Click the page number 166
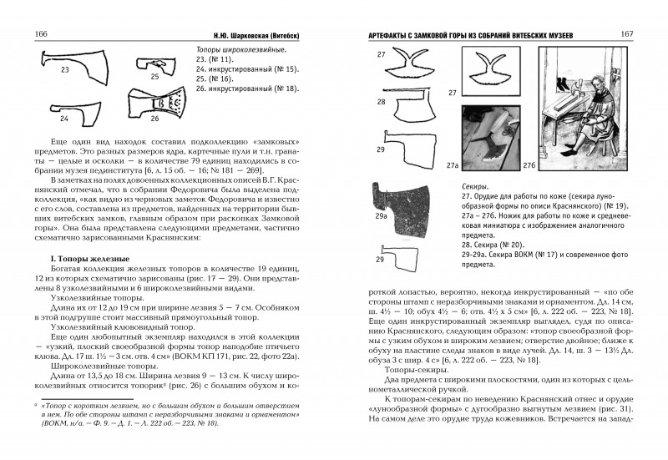[x=38, y=32]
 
